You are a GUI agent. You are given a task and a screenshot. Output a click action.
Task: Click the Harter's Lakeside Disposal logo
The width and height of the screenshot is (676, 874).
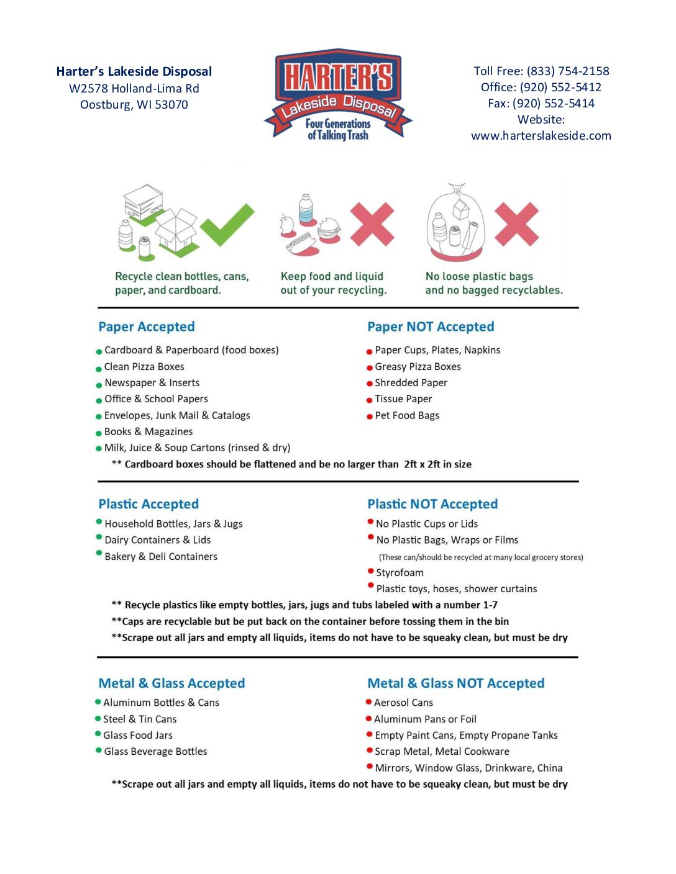338,95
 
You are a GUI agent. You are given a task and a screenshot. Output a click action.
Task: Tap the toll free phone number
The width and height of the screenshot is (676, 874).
568,71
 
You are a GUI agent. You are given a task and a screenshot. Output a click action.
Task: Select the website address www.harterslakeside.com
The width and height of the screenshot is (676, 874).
541,136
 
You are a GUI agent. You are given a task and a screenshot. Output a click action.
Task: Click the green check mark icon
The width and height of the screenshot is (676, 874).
227,224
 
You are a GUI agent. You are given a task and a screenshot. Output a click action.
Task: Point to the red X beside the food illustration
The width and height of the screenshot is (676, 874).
372,223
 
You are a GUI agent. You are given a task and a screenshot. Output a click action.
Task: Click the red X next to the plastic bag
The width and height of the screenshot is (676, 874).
516,223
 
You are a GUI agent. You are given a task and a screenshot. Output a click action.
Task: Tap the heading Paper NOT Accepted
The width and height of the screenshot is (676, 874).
431,327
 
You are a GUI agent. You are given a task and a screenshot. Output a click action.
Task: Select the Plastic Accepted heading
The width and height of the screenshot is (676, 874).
148,504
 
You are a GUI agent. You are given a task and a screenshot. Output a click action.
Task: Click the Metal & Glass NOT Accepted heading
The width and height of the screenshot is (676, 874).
455,683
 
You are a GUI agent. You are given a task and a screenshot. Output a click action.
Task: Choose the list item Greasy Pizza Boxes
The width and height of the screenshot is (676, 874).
418,367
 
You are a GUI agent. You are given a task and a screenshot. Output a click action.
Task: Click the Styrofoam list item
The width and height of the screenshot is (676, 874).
400,573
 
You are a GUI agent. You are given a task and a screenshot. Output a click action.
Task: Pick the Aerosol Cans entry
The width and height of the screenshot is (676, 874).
403,703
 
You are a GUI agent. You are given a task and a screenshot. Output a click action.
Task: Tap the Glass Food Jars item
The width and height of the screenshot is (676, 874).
138,736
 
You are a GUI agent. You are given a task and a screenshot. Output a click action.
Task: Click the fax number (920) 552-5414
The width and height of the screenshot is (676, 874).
554,104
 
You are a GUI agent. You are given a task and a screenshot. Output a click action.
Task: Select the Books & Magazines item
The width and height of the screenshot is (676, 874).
148,432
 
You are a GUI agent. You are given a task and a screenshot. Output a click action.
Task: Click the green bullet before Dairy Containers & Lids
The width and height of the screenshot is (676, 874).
99,538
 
